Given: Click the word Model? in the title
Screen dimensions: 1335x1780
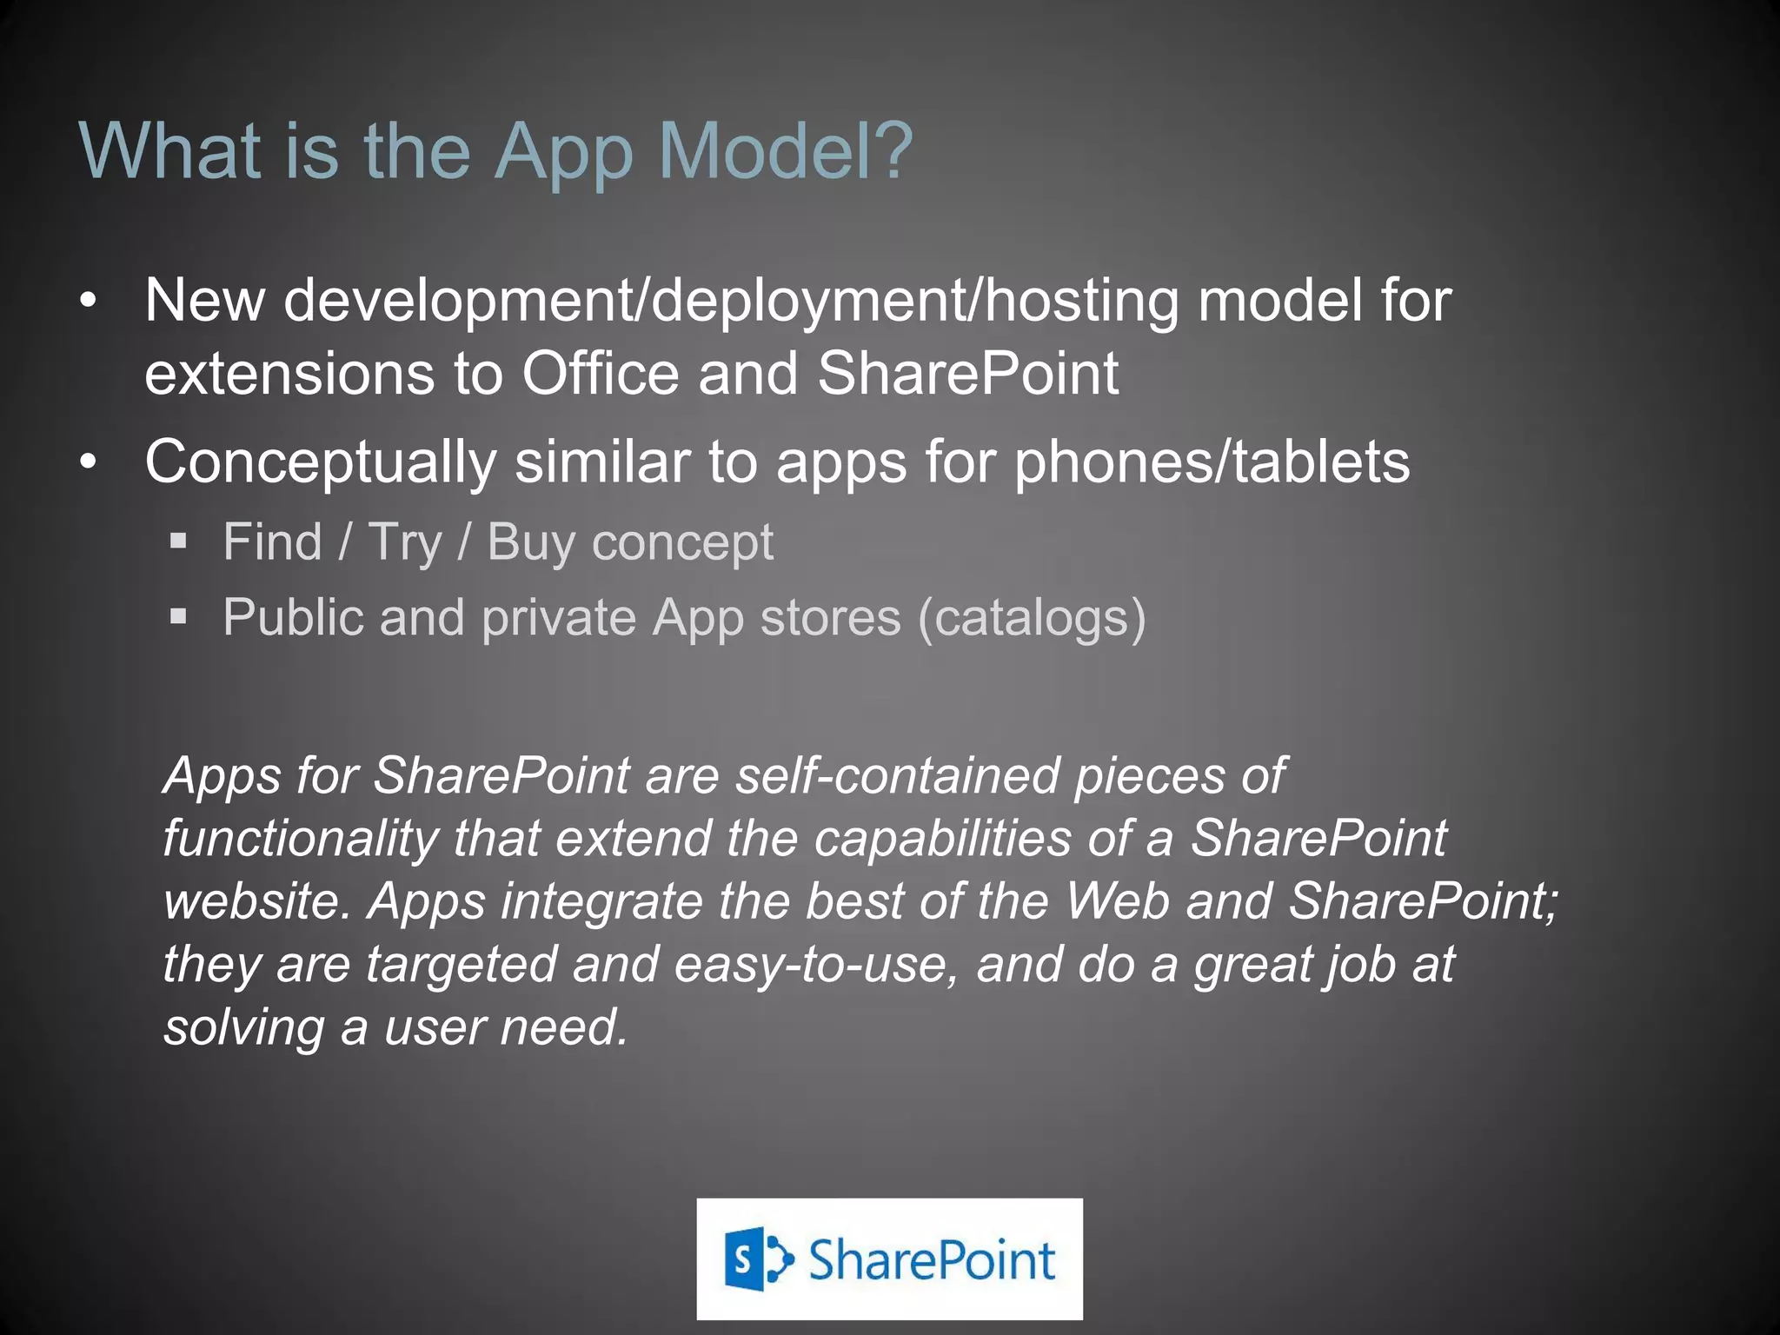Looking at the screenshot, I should click(x=786, y=152).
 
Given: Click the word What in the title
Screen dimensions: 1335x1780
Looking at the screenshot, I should click(x=170, y=152).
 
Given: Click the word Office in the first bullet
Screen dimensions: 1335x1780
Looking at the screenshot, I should click(x=600, y=374).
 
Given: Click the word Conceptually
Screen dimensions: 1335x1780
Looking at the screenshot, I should click(x=320, y=463).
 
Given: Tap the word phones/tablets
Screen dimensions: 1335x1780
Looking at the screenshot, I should click(x=1212, y=462).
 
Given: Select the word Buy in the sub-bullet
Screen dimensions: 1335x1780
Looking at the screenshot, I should click(x=530, y=543).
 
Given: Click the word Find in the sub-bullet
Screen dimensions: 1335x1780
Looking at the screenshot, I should click(x=272, y=541).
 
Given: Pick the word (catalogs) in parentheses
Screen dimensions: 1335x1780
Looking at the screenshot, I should click(x=1033, y=618).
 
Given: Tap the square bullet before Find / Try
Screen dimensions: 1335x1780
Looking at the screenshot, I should click(x=179, y=541).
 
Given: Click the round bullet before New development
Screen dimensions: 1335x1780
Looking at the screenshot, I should click(x=88, y=302).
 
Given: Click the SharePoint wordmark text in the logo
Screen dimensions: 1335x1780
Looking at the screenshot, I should click(x=931, y=1260).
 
